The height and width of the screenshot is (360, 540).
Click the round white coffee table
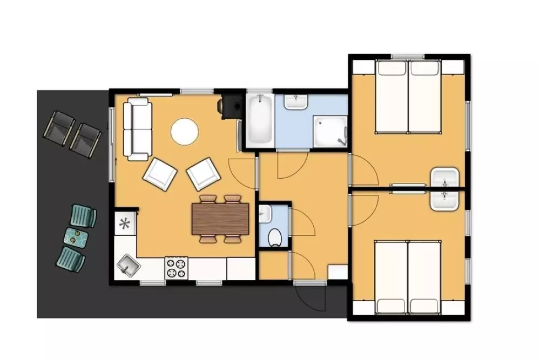(185, 131)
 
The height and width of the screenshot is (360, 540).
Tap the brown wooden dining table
(221, 218)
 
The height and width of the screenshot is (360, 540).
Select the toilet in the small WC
(275, 236)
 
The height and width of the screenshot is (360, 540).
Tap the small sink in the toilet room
(264, 214)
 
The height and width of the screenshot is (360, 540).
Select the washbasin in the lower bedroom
(445, 199)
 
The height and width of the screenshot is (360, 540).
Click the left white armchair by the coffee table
(160, 173)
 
